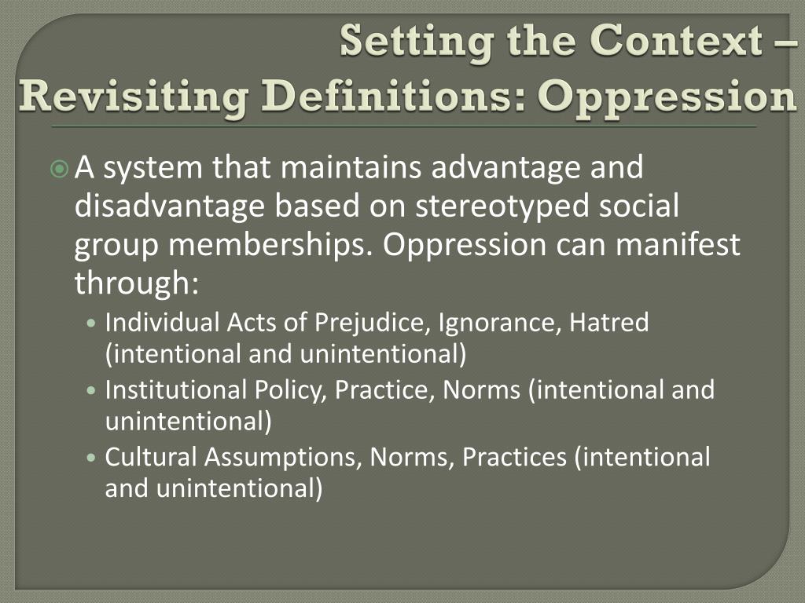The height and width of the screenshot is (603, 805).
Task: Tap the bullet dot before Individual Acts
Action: [94, 323]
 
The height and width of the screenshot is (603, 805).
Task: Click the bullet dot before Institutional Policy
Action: [94, 390]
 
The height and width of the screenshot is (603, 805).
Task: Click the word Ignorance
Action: [499, 323]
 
